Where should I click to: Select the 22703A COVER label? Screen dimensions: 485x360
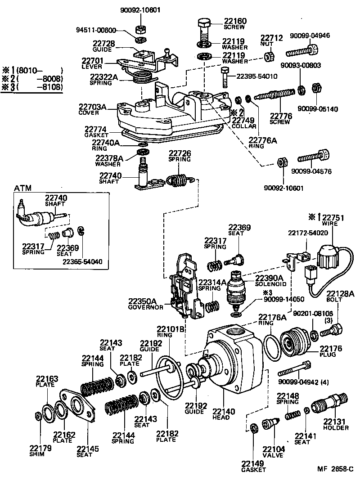coord(93,109)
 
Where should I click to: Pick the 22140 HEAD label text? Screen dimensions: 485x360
coord(221,414)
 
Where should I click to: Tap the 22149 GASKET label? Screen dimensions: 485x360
coord(253,467)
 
